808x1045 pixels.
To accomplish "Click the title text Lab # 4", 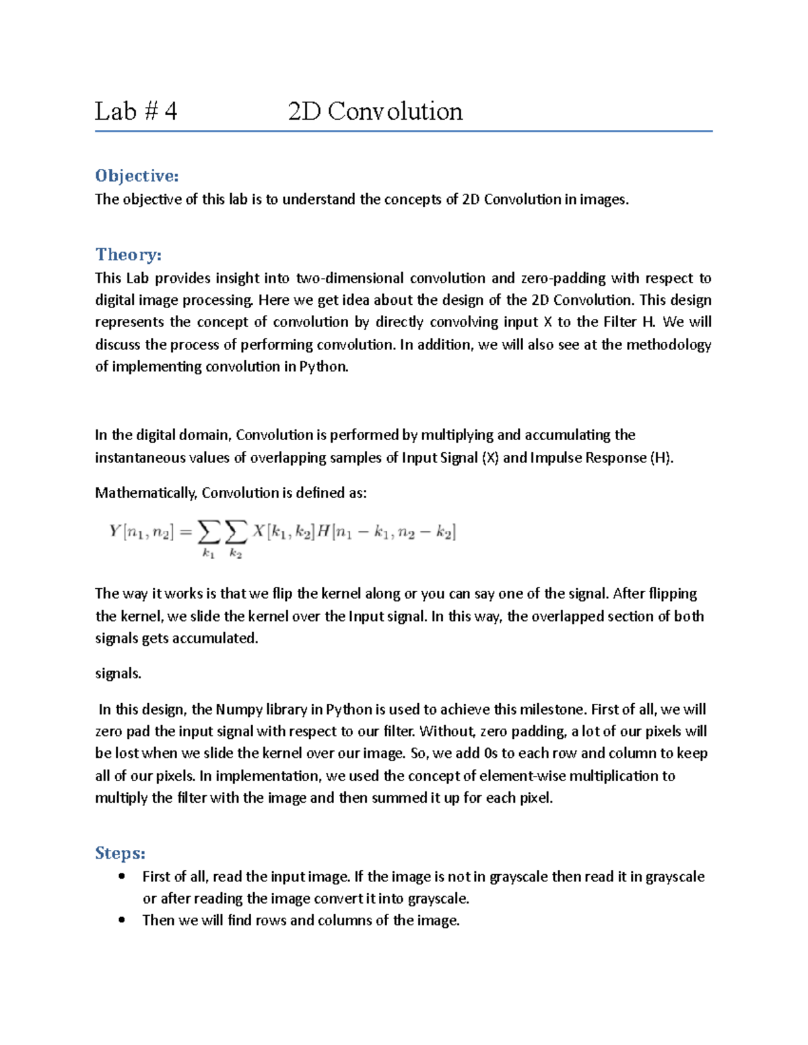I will (135, 111).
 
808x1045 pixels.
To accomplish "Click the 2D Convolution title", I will (375, 111).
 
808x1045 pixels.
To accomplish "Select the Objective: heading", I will (137, 176).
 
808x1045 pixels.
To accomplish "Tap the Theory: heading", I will (128, 254).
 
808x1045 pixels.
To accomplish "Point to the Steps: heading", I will (121, 853).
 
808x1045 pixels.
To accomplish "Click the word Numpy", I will (238, 709).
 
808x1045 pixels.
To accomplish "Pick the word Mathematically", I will (146, 493).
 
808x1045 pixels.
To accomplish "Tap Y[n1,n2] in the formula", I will (141, 532).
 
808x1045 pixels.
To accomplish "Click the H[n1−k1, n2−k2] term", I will (386, 532).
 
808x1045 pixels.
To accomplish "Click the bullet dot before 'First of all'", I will (122, 876).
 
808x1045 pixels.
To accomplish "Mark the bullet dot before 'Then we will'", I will (122, 920).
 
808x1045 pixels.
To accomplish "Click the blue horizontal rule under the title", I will (403, 131).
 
